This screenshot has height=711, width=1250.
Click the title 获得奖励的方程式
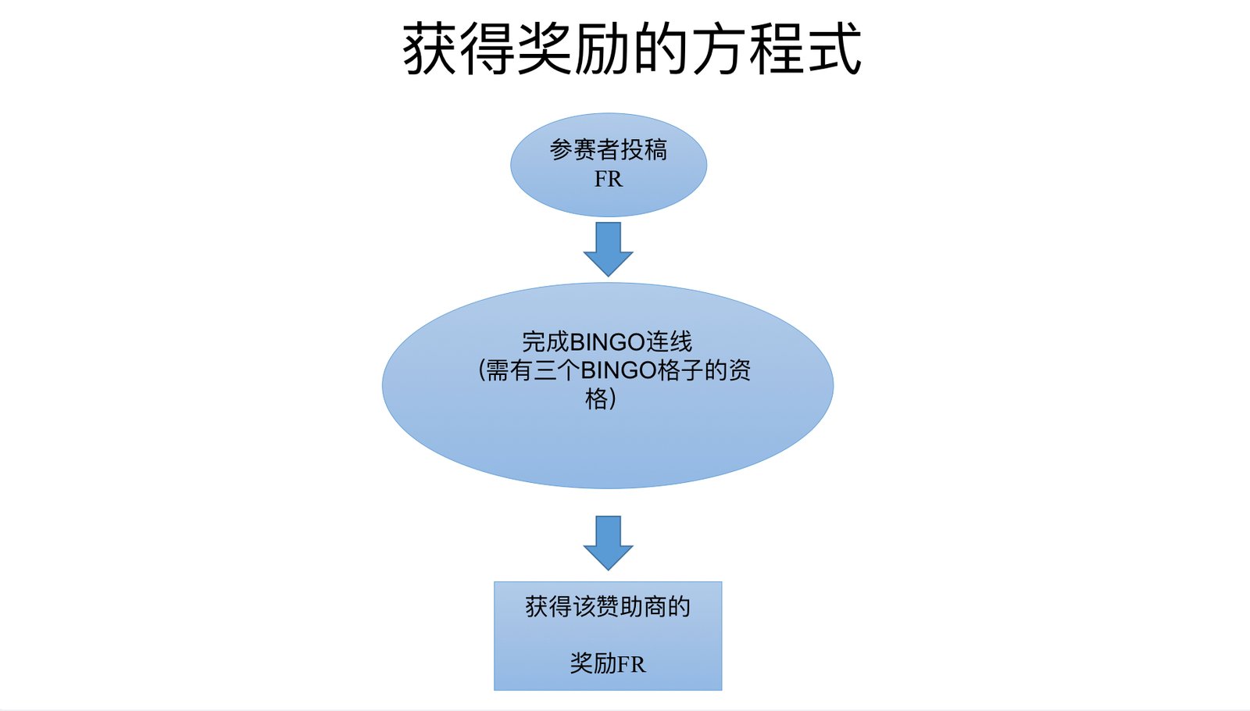point(631,48)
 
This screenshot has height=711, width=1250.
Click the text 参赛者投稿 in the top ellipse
point(608,149)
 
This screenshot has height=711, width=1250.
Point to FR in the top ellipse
point(608,179)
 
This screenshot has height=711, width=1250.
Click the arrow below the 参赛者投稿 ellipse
point(608,248)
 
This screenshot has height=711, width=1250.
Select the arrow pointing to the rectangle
point(608,542)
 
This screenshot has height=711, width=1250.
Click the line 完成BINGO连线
point(607,341)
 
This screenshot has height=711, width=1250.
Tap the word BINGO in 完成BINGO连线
point(607,341)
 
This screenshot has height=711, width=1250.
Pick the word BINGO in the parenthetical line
point(617,370)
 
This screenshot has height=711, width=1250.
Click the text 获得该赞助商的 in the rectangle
point(608,606)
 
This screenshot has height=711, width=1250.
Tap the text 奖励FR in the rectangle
point(608,663)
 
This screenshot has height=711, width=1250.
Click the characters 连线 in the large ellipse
point(669,341)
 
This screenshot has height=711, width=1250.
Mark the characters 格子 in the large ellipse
point(681,370)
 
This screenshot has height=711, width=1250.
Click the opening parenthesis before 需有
point(480,370)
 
